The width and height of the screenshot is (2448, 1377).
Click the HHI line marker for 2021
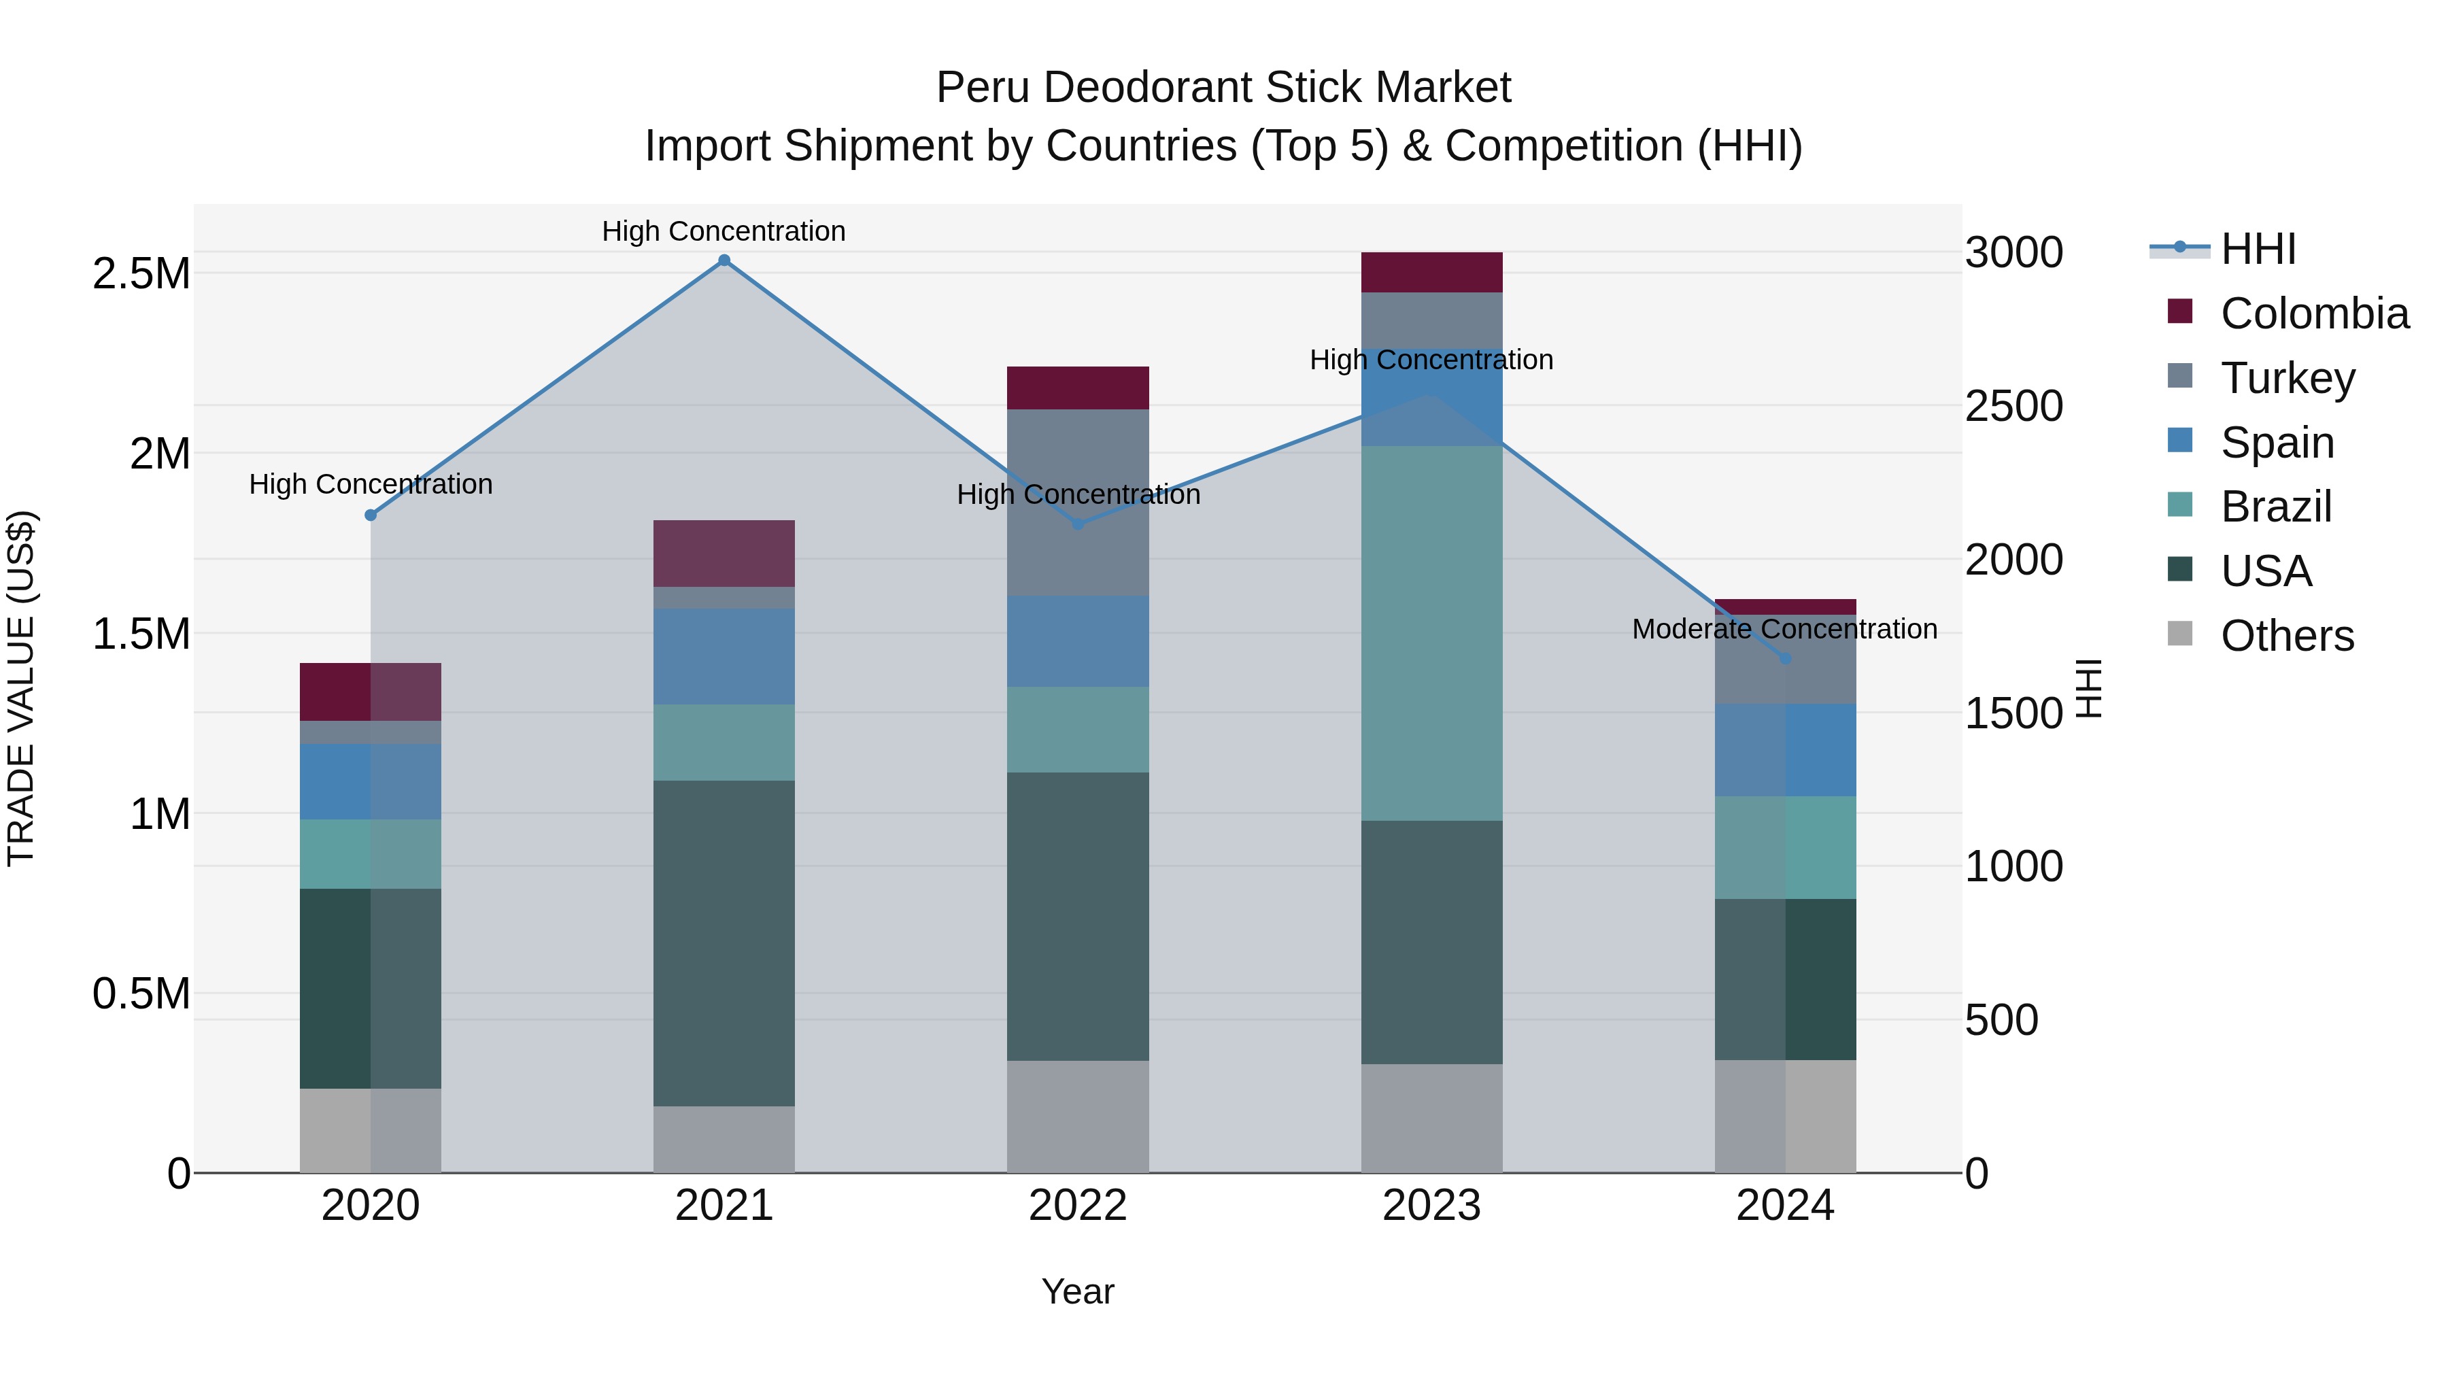tap(724, 260)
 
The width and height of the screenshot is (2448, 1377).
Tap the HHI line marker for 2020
tap(371, 515)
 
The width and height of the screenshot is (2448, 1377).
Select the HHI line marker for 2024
tap(1785, 658)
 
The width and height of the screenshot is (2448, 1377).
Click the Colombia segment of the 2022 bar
tap(1078, 388)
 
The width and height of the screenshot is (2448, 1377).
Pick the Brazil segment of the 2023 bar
tap(1431, 633)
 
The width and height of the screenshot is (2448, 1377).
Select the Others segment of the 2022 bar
tap(1078, 1117)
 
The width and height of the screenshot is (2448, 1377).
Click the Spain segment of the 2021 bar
tap(724, 656)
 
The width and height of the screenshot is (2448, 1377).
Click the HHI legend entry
tap(2258, 249)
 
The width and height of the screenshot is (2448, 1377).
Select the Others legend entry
tap(2286, 636)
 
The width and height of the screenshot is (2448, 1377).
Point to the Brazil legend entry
tap(2275, 507)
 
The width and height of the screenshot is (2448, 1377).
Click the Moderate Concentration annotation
tap(1785, 629)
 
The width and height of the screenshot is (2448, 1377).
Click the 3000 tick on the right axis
tap(2013, 253)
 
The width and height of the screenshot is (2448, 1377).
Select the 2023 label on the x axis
tap(1431, 1206)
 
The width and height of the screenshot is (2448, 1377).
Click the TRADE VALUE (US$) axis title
tap(21, 688)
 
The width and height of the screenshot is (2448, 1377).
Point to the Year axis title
tap(1078, 1291)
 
